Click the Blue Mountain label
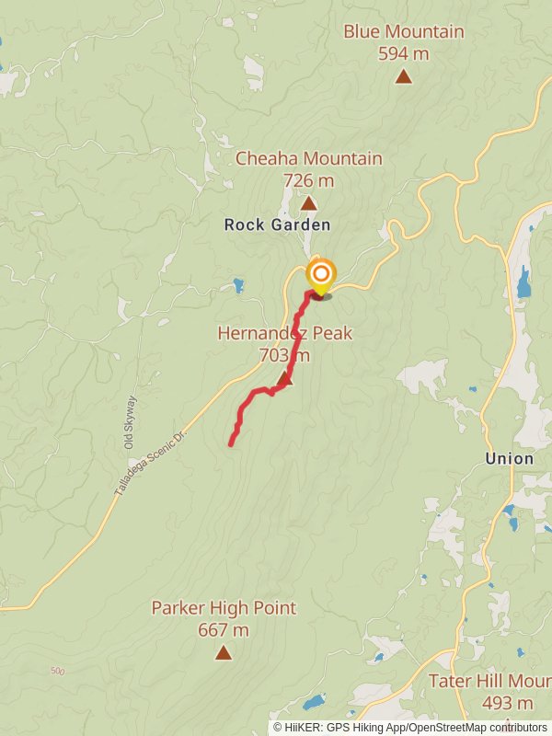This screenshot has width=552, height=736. coord(403,32)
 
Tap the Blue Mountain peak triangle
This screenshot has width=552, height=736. coord(403,76)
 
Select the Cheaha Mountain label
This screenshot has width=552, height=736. coord(308,158)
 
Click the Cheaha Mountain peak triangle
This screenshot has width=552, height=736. coord(309,203)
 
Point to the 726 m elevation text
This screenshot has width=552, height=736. coord(308,180)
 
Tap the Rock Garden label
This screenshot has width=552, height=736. coord(277,224)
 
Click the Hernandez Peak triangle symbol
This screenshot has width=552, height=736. coord(284,378)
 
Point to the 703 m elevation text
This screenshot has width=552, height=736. coord(284,355)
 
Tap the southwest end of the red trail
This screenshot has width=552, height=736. coord(230,444)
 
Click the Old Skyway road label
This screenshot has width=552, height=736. coord(131,423)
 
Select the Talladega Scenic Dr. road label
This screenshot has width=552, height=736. coord(150,463)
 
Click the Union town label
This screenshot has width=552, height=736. coord(509,458)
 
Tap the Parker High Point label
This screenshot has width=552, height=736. coord(224,608)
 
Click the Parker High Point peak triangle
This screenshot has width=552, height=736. coord(223,652)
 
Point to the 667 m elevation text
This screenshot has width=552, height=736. coord(224,630)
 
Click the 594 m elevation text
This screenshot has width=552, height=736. coord(403,53)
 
